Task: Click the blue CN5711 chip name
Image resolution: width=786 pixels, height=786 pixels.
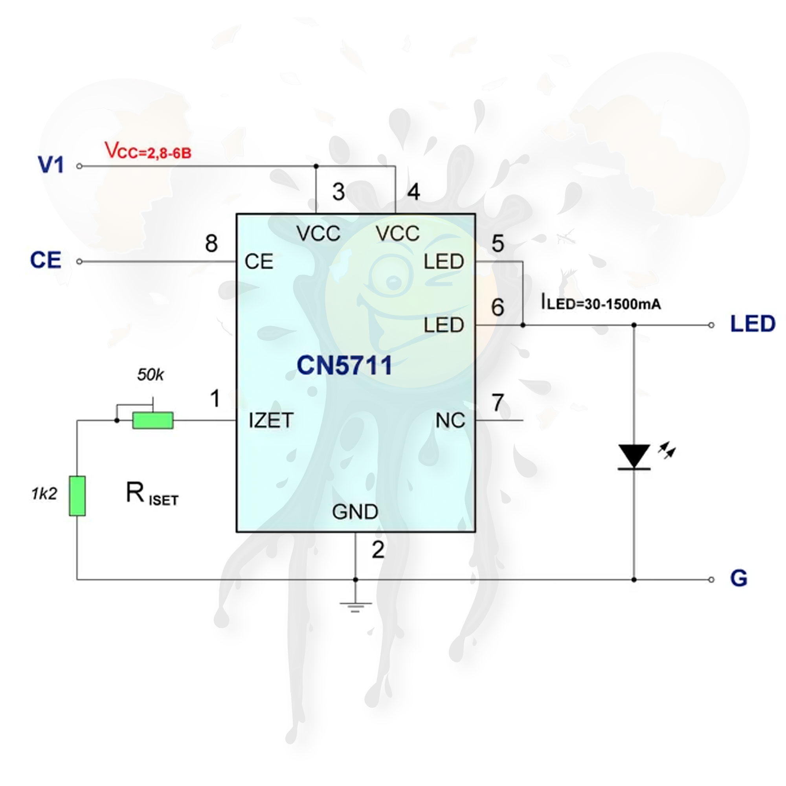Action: click(344, 365)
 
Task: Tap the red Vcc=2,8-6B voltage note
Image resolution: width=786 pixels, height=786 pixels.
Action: click(148, 151)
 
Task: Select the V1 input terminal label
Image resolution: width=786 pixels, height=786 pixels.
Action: click(51, 165)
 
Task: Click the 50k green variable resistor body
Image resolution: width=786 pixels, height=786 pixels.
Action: click(153, 420)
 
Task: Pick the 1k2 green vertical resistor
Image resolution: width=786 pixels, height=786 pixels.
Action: click(77, 496)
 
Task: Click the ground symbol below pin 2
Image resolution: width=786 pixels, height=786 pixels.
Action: click(355, 606)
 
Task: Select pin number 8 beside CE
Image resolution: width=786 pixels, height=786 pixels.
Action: click(211, 243)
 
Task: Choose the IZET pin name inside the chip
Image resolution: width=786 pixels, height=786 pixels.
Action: click(270, 420)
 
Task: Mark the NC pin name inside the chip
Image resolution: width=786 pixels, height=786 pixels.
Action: click(450, 421)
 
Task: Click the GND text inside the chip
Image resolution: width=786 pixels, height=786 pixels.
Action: click(355, 512)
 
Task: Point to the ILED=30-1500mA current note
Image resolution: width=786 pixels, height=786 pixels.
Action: click(601, 303)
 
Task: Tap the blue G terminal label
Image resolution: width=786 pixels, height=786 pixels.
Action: click(738, 578)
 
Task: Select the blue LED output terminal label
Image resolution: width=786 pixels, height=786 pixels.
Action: click(753, 324)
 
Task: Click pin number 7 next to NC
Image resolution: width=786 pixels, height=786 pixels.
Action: click(498, 403)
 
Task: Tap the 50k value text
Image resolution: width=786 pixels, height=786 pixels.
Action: click(150, 375)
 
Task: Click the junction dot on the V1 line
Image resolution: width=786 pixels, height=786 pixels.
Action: click(316, 166)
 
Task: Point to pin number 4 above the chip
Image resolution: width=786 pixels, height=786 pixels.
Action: click(413, 192)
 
